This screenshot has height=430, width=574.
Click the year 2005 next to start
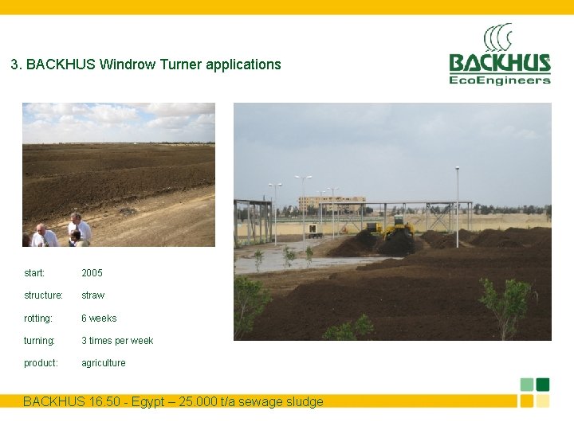pos(92,273)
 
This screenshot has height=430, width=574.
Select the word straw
pos(92,295)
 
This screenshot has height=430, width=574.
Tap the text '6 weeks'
pos(99,319)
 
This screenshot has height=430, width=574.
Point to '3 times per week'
pos(117,341)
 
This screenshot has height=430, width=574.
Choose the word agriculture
pos(104,363)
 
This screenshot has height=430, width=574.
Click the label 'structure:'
pos(43,295)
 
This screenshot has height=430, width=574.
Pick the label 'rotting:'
pos(38,319)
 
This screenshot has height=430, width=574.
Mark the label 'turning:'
pos(40,341)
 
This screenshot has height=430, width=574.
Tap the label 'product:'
pos(41,363)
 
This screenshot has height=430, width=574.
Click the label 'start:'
pos(34,273)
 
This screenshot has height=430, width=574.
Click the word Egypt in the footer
pos(167,402)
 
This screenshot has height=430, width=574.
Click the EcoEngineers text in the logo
pos(500,80)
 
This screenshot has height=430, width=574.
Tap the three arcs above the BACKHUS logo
pos(499,37)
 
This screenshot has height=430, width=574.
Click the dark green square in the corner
pos(543,385)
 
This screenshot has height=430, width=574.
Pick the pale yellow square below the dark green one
pos(543,401)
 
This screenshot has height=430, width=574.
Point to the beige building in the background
pos(331,203)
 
